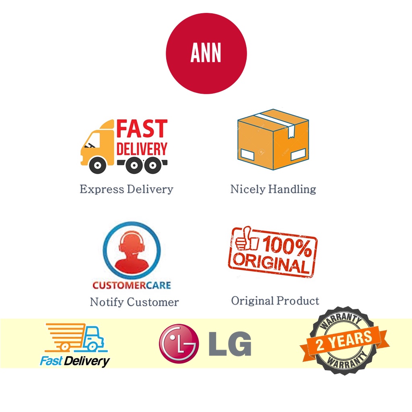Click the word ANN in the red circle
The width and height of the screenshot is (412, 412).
(206, 54)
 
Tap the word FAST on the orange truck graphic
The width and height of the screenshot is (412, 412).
(142, 129)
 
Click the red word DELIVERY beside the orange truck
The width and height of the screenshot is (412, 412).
(142, 149)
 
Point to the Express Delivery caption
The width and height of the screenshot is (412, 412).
(126, 189)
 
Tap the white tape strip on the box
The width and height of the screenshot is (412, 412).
(277, 121)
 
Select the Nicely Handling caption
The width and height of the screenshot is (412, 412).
(273, 189)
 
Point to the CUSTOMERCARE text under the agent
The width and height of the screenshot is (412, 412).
(132, 285)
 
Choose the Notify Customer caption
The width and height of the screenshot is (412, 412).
(134, 302)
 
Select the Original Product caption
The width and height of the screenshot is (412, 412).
(275, 301)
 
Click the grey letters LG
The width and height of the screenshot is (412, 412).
(230, 344)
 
